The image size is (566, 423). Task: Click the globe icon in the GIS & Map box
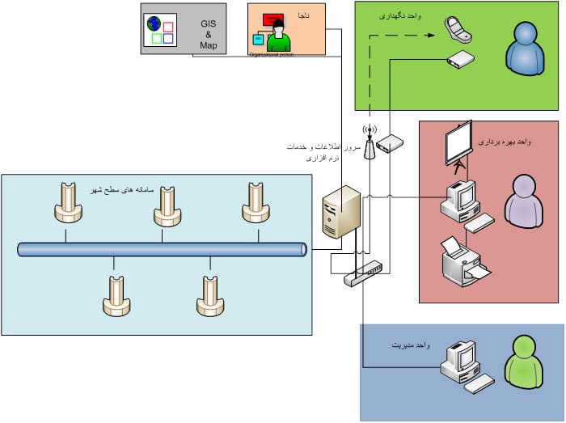click(x=155, y=23)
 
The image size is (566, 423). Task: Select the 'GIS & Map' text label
click(x=209, y=35)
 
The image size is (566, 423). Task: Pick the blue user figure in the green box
click(x=523, y=48)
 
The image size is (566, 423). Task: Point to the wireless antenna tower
click(x=370, y=143)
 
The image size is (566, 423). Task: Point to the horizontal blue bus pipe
click(x=162, y=250)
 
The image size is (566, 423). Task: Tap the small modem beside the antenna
click(x=390, y=143)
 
